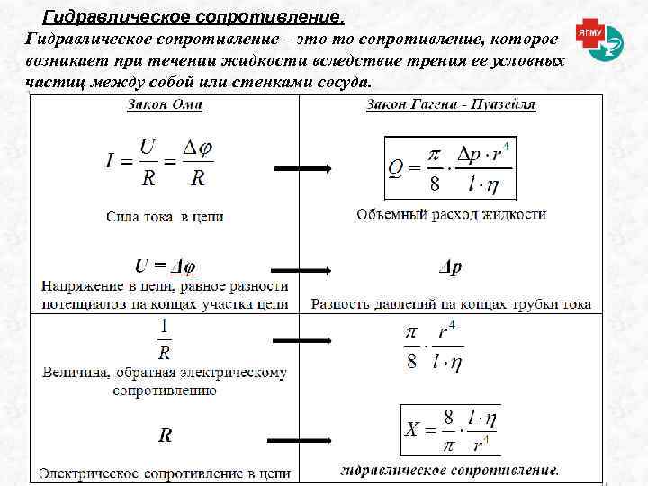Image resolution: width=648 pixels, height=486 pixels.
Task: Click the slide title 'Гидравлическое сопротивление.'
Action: point(193,17)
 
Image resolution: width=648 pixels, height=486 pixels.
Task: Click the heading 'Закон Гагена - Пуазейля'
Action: point(451,104)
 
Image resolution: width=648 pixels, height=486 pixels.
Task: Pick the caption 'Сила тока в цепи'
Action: point(165,216)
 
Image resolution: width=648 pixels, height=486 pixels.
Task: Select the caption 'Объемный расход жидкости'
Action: point(451,215)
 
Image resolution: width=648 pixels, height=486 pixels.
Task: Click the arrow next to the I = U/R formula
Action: point(302,168)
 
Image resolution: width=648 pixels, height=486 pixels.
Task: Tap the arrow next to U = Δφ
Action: point(302,270)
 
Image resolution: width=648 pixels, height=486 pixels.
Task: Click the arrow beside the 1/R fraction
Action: point(302,340)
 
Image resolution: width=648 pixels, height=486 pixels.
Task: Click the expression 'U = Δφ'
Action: point(166,266)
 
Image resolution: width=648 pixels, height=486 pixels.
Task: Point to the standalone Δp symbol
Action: point(450,267)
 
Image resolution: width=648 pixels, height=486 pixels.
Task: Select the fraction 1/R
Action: point(164,339)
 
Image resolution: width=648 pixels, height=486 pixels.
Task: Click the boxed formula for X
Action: point(450,430)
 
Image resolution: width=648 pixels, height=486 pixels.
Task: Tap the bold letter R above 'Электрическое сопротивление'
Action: point(166,436)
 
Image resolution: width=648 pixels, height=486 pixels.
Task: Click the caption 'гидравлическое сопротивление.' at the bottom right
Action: point(450,470)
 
